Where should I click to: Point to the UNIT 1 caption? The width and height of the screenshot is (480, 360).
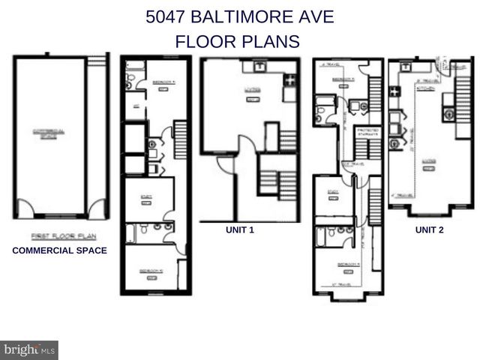240,230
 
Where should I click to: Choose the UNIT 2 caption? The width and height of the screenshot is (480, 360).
429,230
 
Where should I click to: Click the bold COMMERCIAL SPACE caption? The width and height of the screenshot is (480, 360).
59,250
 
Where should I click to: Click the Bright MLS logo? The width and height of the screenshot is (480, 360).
29,349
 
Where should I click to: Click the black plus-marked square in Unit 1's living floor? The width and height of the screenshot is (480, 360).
289,79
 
